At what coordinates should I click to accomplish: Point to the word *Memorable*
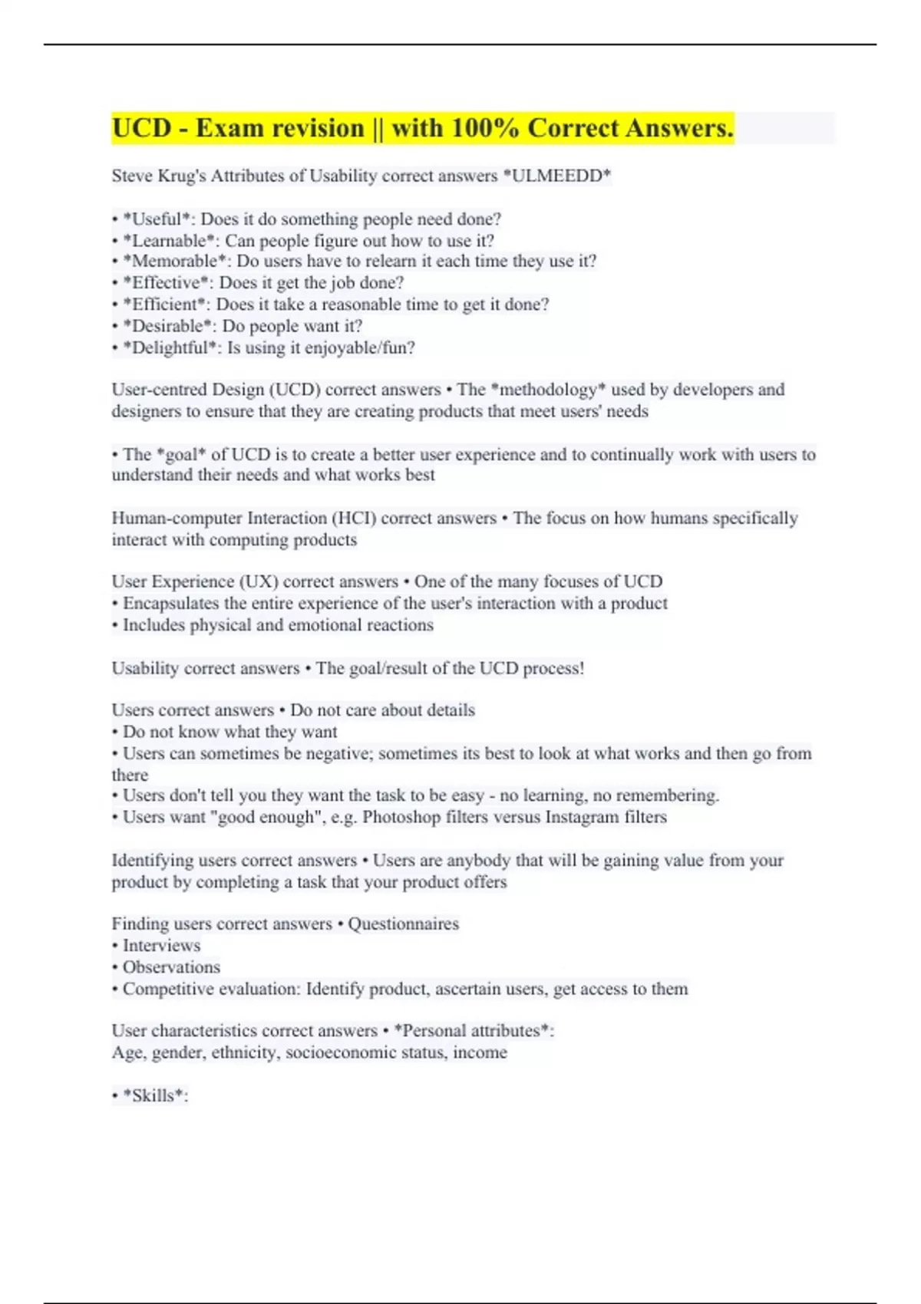pyautogui.click(x=174, y=262)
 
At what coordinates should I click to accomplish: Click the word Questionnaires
pyautogui.click(x=403, y=924)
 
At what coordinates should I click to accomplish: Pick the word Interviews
pyautogui.click(x=161, y=945)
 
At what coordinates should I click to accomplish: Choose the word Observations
pyautogui.click(x=171, y=966)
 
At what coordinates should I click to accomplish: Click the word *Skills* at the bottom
pyautogui.click(x=155, y=1095)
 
